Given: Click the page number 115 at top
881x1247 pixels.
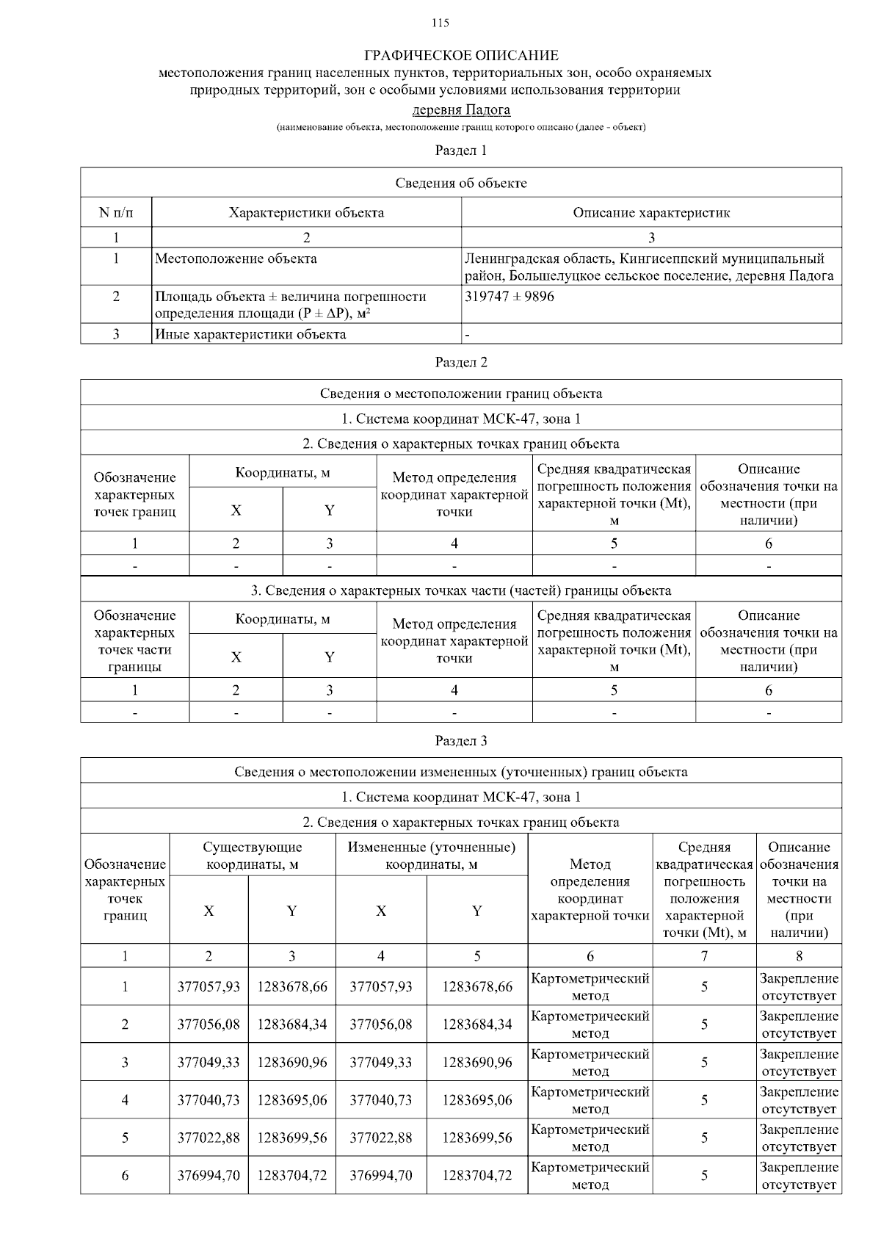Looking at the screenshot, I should (x=440, y=23).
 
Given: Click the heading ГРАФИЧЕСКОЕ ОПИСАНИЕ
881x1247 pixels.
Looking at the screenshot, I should (x=461, y=56).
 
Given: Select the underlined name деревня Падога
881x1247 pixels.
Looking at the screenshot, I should (x=461, y=110).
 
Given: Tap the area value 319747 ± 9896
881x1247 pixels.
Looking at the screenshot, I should (x=510, y=297).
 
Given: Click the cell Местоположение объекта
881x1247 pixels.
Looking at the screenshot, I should (x=236, y=259).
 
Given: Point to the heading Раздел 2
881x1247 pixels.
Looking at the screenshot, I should (x=461, y=362).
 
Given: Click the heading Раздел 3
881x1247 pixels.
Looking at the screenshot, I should (x=461, y=740).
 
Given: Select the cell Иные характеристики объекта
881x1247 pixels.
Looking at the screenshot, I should (x=250, y=334).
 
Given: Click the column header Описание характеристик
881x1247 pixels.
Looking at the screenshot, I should (x=651, y=213).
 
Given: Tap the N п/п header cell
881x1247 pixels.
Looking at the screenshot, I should (x=116, y=213).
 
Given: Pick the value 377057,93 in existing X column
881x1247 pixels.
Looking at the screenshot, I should (x=209, y=986).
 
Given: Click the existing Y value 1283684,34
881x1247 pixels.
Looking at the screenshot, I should (x=292, y=1024).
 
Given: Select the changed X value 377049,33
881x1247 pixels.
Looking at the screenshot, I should (x=381, y=1062).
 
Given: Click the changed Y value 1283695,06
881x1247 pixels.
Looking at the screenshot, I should (x=477, y=1099).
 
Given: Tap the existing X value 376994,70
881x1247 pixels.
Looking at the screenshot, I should (x=209, y=1175).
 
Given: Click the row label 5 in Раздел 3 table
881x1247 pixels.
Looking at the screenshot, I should (x=125, y=1138).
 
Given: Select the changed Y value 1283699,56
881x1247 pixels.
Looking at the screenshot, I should (x=477, y=1138).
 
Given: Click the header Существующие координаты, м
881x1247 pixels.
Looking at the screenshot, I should (x=253, y=856).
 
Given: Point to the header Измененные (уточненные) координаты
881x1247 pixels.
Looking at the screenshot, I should (x=432, y=856).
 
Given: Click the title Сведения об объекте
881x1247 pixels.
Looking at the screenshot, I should (x=461, y=183).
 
